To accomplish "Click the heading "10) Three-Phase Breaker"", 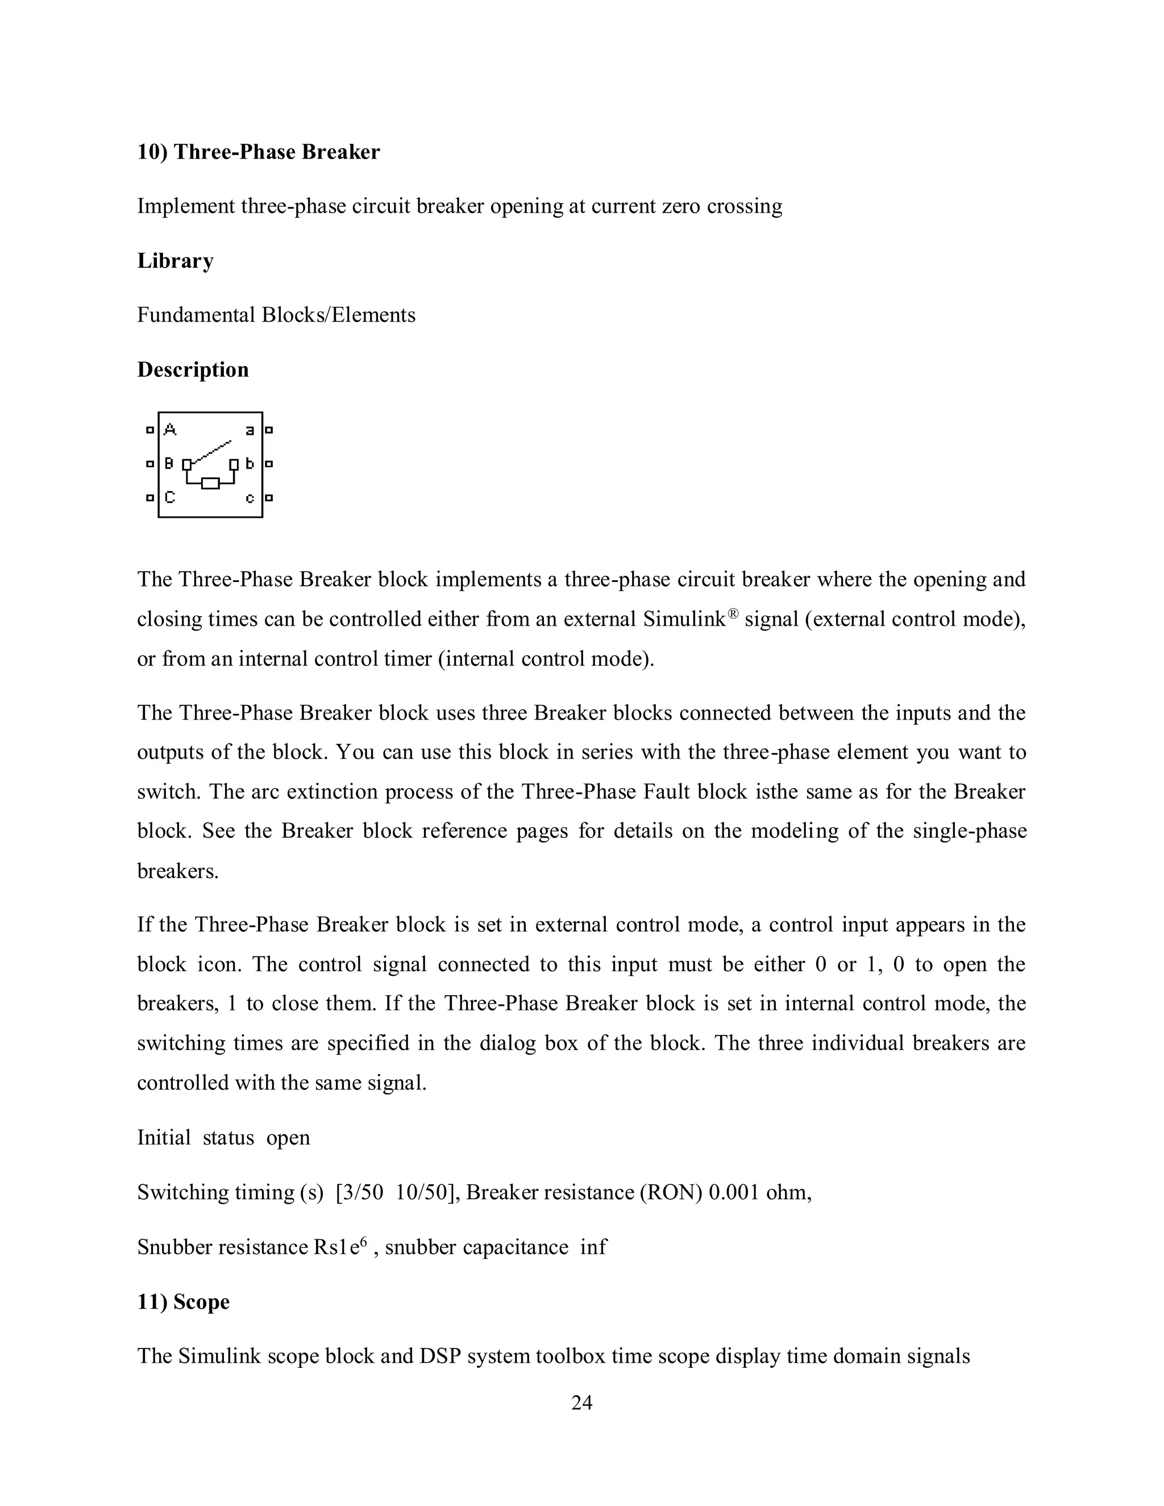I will click(258, 152).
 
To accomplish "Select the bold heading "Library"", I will click(175, 261).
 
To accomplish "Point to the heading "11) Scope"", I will click(183, 1302).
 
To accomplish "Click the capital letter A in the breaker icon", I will click(169, 430).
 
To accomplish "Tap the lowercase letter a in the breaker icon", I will click(250, 430).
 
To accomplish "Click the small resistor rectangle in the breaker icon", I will click(210, 484).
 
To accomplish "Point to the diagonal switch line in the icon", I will click(210, 452).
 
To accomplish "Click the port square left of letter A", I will click(149, 430).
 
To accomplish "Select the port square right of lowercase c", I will click(269, 497).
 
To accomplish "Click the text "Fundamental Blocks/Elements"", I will click(276, 315).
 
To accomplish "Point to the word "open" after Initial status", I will click(288, 1137).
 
